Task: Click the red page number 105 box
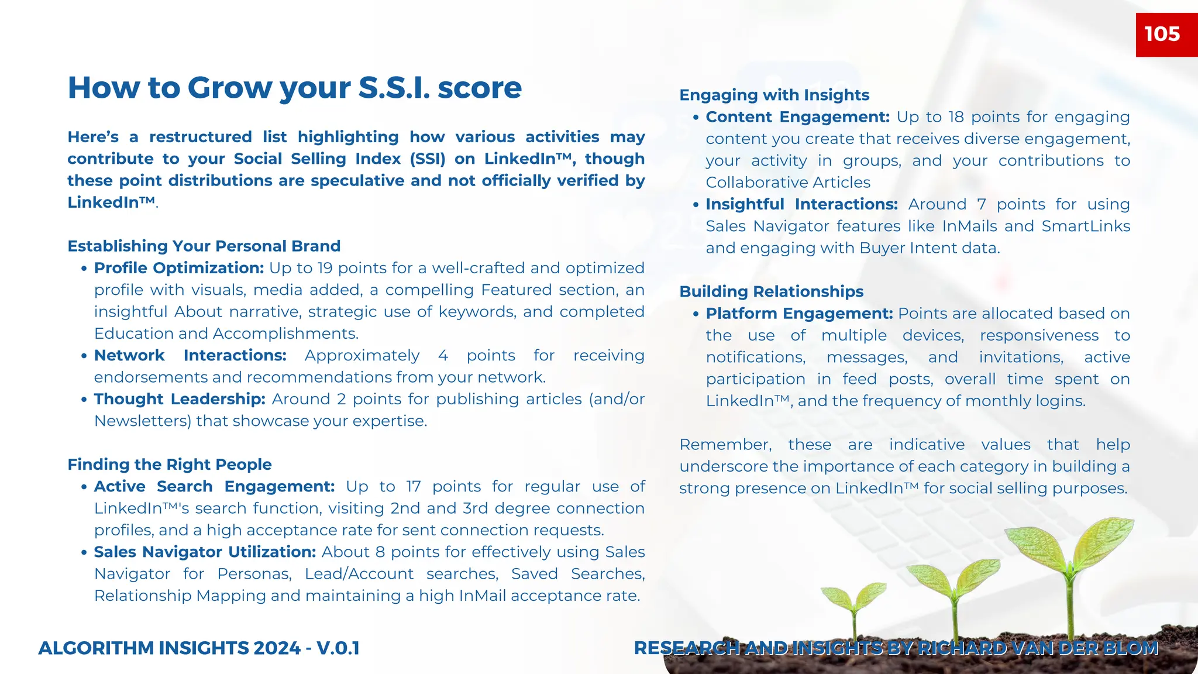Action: (x=1166, y=35)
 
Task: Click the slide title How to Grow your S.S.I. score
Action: (x=294, y=88)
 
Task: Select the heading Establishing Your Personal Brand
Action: (x=204, y=246)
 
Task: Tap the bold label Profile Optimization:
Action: (x=179, y=268)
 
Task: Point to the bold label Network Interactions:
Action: (x=190, y=355)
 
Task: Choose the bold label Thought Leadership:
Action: (x=180, y=399)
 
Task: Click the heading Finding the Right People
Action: (x=170, y=465)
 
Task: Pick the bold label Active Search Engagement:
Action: (x=214, y=486)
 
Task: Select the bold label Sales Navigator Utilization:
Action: (x=205, y=552)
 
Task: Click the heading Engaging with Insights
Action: (x=774, y=95)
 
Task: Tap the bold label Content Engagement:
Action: (x=797, y=117)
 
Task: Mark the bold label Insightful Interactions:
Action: (x=801, y=204)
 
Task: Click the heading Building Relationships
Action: (x=771, y=291)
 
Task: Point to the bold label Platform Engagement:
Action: (x=799, y=314)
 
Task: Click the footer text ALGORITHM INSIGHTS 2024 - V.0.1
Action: (x=199, y=648)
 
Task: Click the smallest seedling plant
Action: (x=853, y=608)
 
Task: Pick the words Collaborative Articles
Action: (x=788, y=183)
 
